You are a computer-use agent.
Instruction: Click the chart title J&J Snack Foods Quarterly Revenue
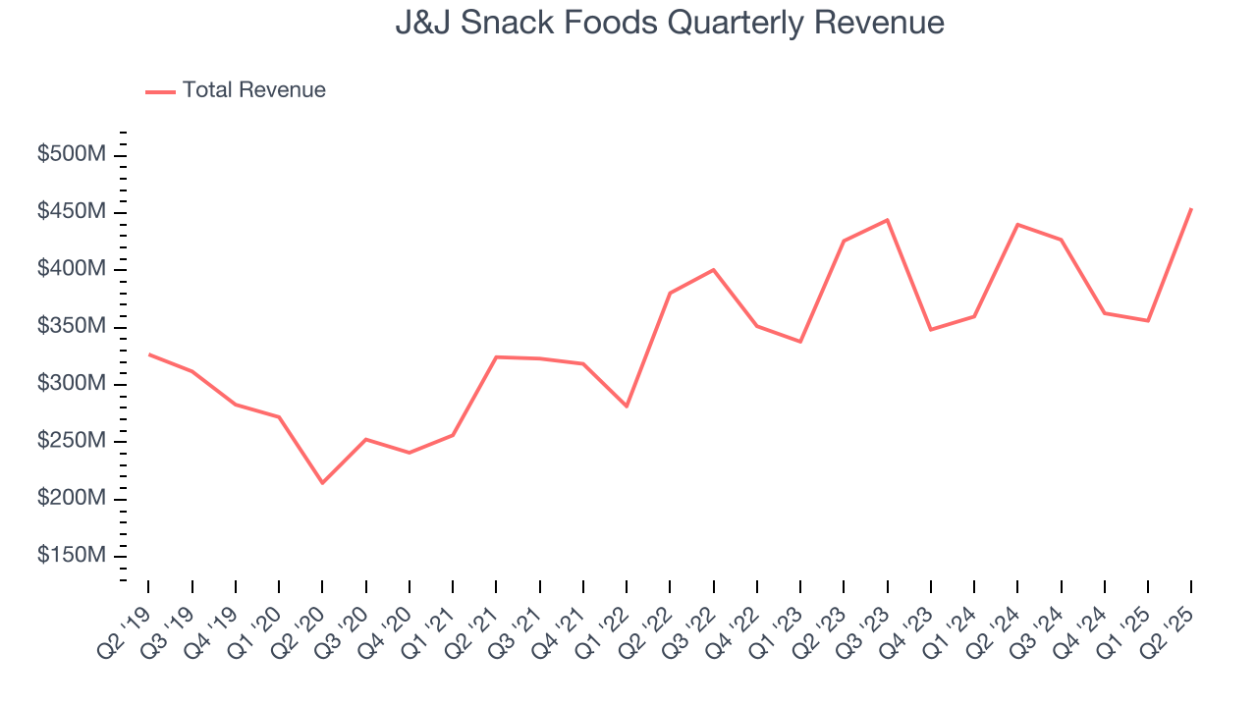pyautogui.click(x=670, y=23)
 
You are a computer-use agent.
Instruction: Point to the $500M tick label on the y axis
pyautogui.click(x=72, y=155)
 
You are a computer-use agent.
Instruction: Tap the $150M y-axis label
pyautogui.click(x=72, y=556)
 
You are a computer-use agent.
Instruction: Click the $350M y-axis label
pyautogui.click(x=72, y=326)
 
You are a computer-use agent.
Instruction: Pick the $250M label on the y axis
pyautogui.click(x=72, y=441)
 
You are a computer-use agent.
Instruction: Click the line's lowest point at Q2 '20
pyautogui.click(x=322, y=482)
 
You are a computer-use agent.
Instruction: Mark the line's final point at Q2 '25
pyautogui.click(x=1191, y=208)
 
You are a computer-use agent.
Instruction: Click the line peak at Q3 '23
pyautogui.click(x=887, y=220)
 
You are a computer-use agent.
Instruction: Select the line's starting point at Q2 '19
pyautogui.click(x=148, y=353)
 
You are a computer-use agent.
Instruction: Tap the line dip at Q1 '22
pyautogui.click(x=627, y=406)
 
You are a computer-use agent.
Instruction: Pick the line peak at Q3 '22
pyautogui.click(x=713, y=269)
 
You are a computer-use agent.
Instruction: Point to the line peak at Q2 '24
pyautogui.click(x=1017, y=225)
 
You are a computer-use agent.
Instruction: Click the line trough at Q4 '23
pyautogui.click(x=930, y=329)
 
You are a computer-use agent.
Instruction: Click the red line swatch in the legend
pyautogui.click(x=160, y=91)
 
